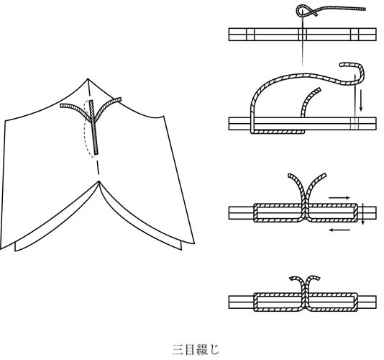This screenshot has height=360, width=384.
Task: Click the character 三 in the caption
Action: click(178, 350)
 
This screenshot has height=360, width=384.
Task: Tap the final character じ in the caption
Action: click(214, 349)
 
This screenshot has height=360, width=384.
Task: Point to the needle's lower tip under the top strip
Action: click(303, 66)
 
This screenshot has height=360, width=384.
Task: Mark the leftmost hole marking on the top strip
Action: click(250, 35)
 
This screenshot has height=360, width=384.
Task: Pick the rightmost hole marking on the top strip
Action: click(355, 35)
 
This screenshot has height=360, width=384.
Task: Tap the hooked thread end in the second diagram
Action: click(343, 65)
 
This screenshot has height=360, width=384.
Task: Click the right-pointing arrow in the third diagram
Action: click(339, 198)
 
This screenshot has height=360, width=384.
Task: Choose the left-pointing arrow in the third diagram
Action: click(339, 230)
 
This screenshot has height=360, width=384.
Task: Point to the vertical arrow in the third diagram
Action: click(363, 213)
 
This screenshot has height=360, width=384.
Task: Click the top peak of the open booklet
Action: click(88, 78)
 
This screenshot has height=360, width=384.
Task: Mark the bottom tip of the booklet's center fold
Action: click(99, 181)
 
